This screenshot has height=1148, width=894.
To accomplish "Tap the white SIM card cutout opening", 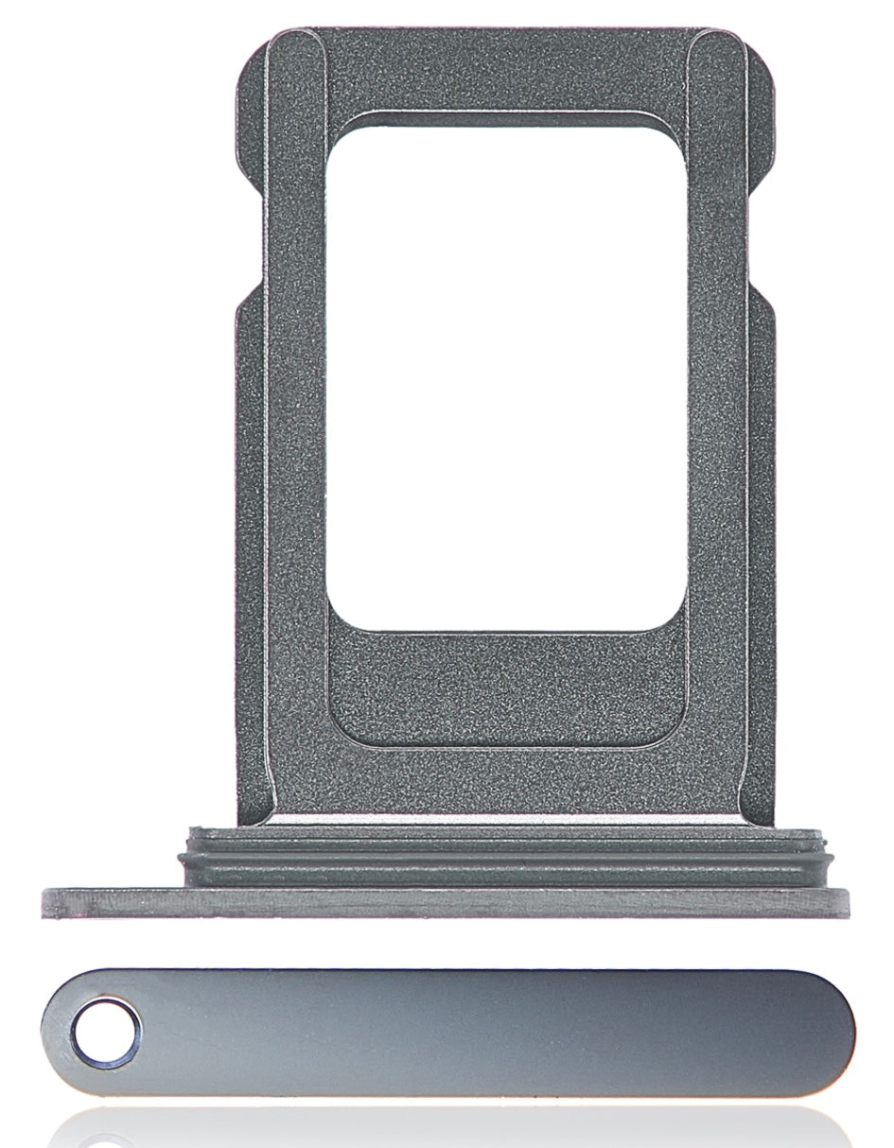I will (506, 378).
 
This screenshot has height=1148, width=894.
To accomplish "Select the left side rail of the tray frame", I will (284, 426).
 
